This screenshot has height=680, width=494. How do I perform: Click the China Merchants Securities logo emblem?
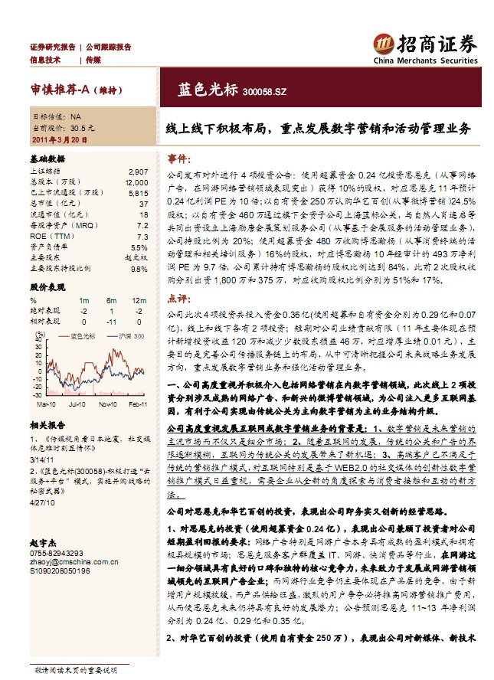(383, 42)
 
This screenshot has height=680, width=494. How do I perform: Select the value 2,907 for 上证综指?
(139, 172)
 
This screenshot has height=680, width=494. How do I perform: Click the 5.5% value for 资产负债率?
(139, 247)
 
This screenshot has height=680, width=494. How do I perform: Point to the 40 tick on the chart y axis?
(36, 355)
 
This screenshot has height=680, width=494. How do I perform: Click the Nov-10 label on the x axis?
(108, 404)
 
